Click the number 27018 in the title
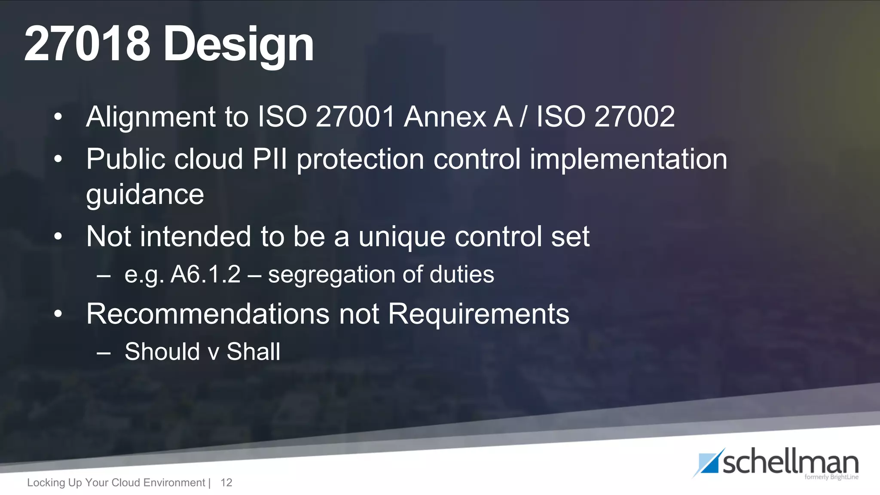click(x=87, y=44)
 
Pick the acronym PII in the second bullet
click(x=269, y=159)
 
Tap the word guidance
click(x=145, y=195)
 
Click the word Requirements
click(x=479, y=314)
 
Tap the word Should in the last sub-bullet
click(x=162, y=351)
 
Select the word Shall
click(x=254, y=351)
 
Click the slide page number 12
click(x=226, y=483)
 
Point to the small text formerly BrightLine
click(x=831, y=477)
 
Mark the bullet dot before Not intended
click(x=58, y=237)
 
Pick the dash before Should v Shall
click(x=104, y=353)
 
